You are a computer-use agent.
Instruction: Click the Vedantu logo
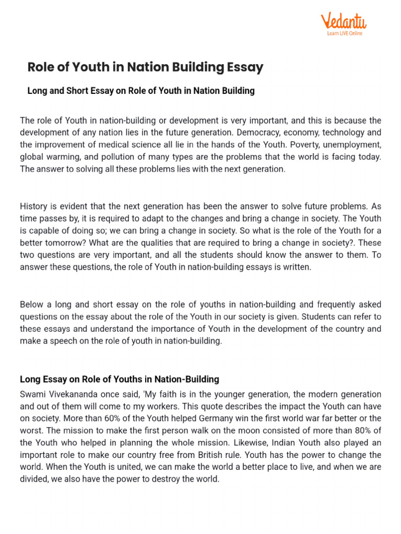343,22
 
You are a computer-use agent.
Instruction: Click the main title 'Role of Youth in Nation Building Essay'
145,67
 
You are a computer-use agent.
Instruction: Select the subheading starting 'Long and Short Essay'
141,91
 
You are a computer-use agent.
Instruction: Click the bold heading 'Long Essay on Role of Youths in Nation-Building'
120,379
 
